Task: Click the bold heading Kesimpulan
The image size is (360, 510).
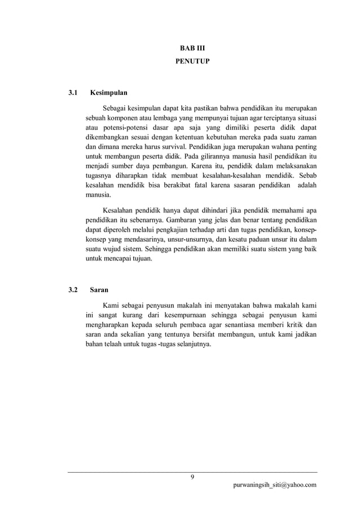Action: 109,91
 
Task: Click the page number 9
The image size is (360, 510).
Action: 192,477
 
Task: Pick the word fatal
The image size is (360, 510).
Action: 197,185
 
